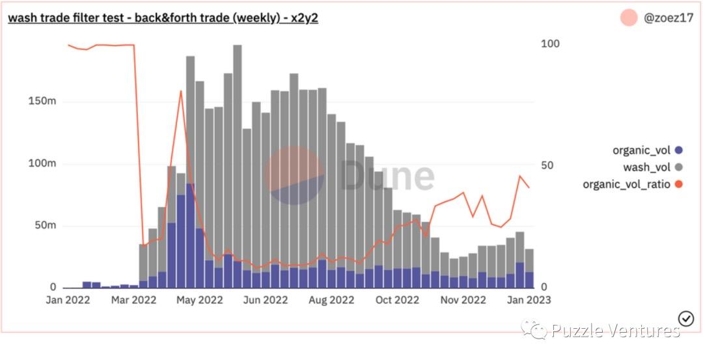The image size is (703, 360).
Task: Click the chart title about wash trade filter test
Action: [163, 18]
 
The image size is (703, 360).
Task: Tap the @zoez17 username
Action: [669, 18]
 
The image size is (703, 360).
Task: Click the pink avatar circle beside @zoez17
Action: [629, 18]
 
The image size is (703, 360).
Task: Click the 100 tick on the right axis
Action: [550, 44]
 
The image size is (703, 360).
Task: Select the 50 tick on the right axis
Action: [548, 165]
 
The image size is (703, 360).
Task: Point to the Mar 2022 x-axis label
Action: [135, 300]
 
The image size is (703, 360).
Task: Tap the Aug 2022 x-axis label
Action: [332, 300]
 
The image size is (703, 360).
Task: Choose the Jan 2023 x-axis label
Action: [529, 300]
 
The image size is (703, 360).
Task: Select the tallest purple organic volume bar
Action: [191, 234]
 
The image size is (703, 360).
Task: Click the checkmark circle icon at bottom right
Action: [686, 318]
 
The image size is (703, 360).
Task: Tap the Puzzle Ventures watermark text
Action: [615, 331]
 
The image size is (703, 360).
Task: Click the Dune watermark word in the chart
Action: [387, 176]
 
